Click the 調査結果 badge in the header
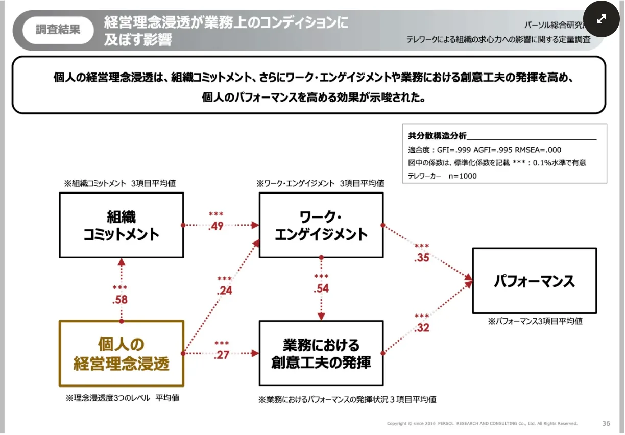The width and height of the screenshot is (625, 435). point(58,30)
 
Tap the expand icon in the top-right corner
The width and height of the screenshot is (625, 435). point(601,19)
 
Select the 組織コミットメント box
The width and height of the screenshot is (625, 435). point(121,225)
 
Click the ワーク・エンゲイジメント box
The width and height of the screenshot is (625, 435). point(321,225)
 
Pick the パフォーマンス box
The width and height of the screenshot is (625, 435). point(534,281)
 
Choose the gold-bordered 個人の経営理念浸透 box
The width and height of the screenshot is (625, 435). point(121,353)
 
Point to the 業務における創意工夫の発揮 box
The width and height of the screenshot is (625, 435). point(321,353)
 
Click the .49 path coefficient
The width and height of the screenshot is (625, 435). point(216,226)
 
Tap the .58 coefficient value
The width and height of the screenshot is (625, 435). point(120,300)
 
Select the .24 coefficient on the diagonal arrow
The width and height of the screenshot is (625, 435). point(224,291)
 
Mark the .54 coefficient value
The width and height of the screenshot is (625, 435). point(321,289)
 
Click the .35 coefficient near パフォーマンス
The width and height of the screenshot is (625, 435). point(422,258)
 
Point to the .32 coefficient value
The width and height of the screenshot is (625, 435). point(422,328)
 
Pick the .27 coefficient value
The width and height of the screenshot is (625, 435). point(222,355)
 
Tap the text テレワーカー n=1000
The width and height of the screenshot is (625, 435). point(442,176)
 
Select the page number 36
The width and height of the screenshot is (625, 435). point(606,423)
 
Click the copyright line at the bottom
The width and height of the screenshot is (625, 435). point(482,424)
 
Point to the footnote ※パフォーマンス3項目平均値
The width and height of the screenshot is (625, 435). point(535,321)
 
